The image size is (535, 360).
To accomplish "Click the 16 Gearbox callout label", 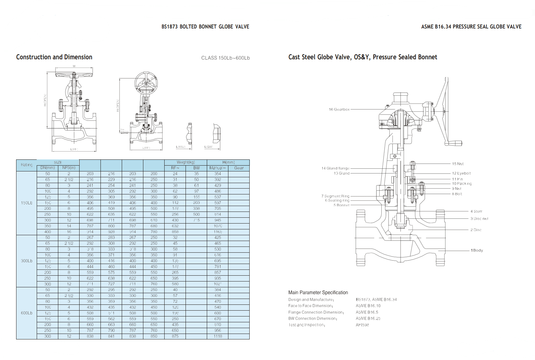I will pyautogui.click(x=339, y=109).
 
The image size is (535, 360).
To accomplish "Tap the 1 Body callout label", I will pyautogui.click(x=477, y=250).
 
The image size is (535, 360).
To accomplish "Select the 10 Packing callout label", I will pyautogui.click(x=462, y=183).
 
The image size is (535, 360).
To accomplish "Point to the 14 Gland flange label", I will pyautogui.click(x=335, y=168).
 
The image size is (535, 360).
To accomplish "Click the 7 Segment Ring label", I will pyautogui.click(x=335, y=196).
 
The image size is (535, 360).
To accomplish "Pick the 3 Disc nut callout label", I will pyautogui.click(x=479, y=218).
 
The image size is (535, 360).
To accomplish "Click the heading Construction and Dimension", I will pyautogui.click(x=54, y=57).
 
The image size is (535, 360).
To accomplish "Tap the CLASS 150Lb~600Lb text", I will pyautogui.click(x=225, y=58).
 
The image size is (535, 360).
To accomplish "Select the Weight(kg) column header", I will pyautogui.click(x=186, y=162).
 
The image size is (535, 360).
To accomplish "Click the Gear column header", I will pyautogui.click(x=239, y=168).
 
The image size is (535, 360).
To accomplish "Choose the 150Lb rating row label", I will pyautogui.click(x=26, y=203).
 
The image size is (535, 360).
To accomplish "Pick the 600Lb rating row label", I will pyautogui.click(x=26, y=313).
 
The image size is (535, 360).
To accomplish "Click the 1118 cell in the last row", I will pyautogui.click(x=218, y=336).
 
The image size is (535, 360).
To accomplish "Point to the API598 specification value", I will pyautogui.click(x=362, y=325).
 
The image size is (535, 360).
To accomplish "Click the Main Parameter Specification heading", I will pyautogui.click(x=318, y=292).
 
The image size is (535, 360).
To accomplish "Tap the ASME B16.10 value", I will pyautogui.click(x=368, y=306).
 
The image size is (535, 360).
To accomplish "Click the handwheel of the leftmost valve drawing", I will pyautogui.click(x=74, y=74).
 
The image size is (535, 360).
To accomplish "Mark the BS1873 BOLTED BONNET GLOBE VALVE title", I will pyautogui.click(x=205, y=27).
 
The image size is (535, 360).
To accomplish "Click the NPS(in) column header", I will pyautogui.click(x=69, y=168).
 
